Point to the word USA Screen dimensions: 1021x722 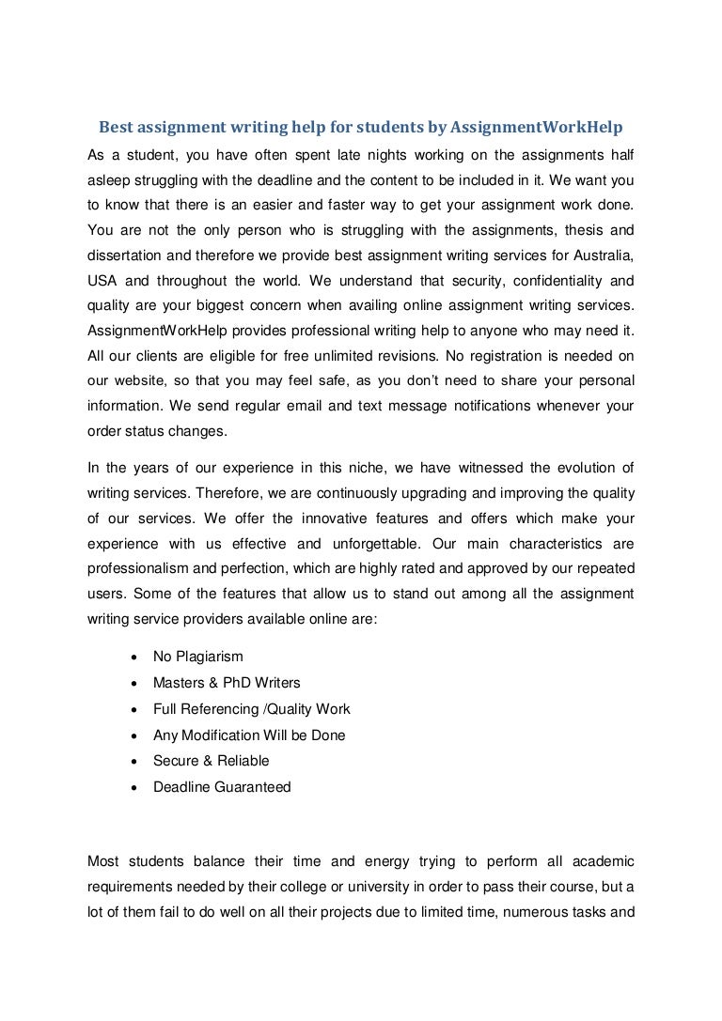pos(102,280)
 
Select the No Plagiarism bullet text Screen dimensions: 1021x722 pos(197,657)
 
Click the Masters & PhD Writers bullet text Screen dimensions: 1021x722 pos(227,683)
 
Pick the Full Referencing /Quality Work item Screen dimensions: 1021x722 pos(251,709)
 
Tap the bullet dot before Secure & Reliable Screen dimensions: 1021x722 pos(138,762)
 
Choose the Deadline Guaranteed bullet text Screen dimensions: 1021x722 pos(222,787)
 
